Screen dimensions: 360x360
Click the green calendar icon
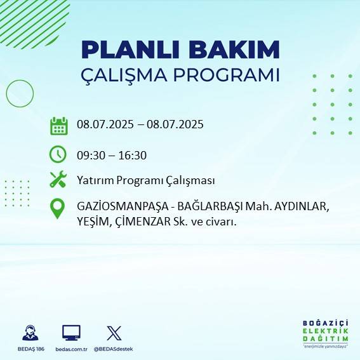58,126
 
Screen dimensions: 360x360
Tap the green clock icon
58,154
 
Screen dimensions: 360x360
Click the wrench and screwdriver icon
58,180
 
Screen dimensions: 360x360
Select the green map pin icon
58,209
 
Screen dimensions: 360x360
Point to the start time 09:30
90,154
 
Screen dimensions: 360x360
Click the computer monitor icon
70,333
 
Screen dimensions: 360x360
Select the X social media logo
114,333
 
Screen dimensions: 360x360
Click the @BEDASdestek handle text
114,349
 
